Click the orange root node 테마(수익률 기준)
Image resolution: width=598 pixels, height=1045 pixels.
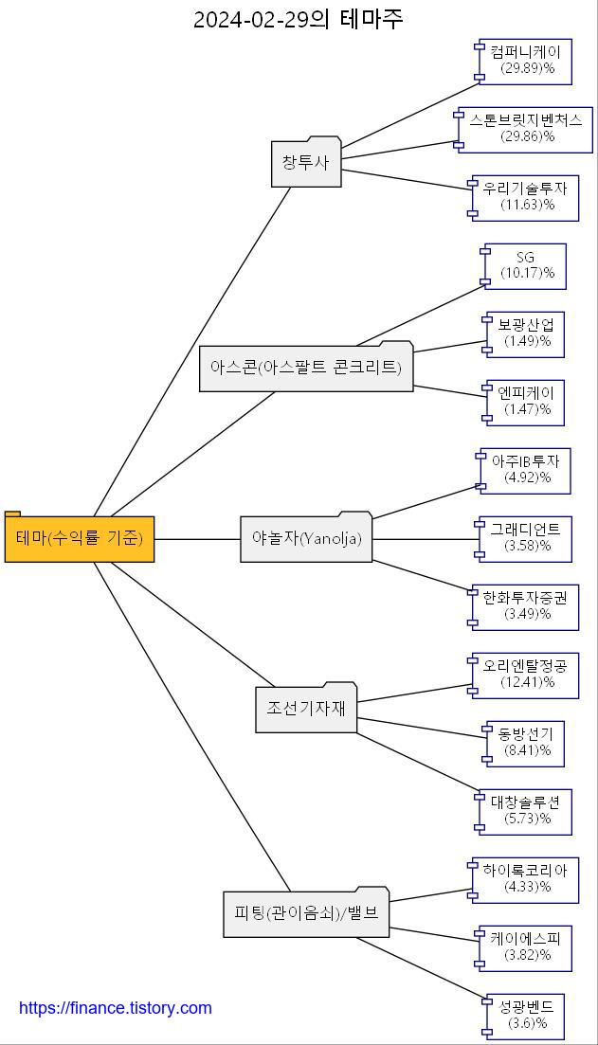80,538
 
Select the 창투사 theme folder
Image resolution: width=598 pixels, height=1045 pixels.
305,163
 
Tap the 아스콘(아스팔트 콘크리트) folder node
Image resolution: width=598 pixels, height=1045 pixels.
306,368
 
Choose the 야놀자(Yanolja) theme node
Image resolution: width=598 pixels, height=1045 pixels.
306,538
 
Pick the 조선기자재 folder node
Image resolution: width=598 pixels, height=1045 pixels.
306,709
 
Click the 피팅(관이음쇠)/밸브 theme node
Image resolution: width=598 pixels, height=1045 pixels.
306,913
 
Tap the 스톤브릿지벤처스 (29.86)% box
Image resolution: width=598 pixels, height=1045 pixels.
526,129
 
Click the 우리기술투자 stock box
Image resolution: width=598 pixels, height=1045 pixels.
526,197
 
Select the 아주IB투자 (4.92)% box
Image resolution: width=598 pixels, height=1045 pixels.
526,470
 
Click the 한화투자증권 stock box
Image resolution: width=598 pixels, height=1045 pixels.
525,606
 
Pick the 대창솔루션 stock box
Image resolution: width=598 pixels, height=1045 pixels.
526,811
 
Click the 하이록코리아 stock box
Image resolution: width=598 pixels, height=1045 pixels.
525,879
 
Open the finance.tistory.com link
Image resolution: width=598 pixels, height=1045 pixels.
116,1008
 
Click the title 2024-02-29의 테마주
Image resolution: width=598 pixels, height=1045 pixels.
299,19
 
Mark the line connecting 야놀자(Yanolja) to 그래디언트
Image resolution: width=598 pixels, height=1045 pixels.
426,539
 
